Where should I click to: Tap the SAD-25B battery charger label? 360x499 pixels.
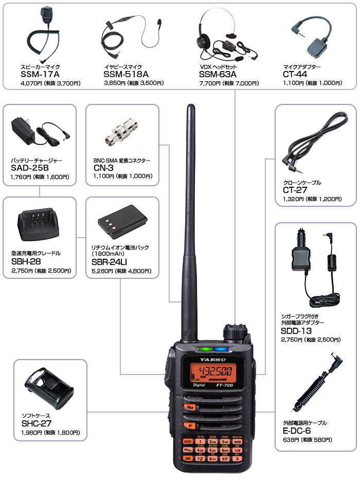click(x=29, y=168)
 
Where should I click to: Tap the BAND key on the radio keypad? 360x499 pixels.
click(x=237, y=441)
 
